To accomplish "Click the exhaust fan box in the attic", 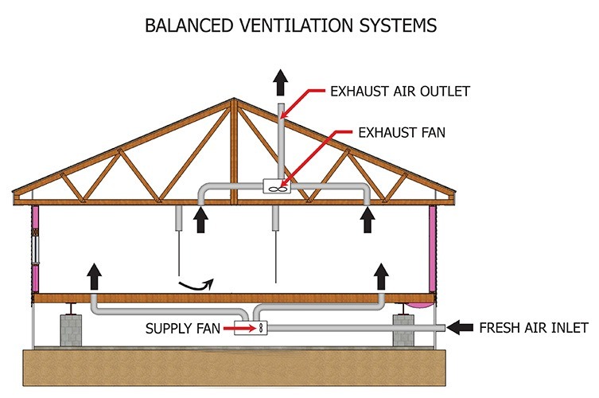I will pyautogui.click(x=275, y=189).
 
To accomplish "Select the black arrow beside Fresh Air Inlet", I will pyautogui.click(x=461, y=326).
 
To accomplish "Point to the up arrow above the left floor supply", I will pyautogui.click(x=94, y=275).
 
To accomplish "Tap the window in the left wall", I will pyautogui.click(x=34, y=247).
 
